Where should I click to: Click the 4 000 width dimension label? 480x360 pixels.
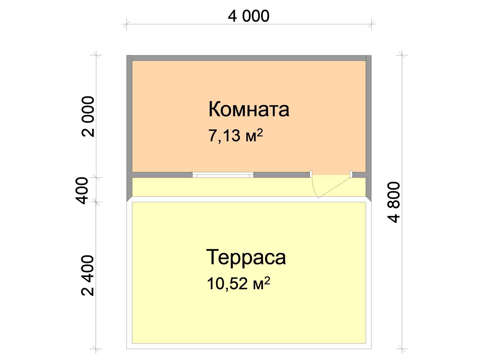pos(248,16)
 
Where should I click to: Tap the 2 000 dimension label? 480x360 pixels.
pos(88,116)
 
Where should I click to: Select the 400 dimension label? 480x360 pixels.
pos(81,191)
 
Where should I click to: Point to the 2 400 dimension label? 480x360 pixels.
pos(88,276)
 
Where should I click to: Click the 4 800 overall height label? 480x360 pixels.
pos(394,202)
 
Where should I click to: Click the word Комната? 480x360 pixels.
pos(249,109)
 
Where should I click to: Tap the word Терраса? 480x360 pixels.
pos(246,257)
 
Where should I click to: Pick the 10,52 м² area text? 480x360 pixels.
pos(238,284)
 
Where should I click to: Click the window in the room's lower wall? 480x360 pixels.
pos(223,175)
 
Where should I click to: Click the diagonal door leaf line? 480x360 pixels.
pos(335,188)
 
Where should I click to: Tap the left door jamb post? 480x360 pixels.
pos(311,174)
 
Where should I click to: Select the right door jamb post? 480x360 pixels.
pos(351,174)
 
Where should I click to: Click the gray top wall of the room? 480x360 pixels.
pos(249,58)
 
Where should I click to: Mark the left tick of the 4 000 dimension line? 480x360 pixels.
pos(126,24)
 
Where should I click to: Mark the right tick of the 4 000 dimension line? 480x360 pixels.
pos(371,24)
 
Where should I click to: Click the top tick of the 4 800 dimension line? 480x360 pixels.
pos(402,55)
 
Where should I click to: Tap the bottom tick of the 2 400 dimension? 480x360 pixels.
pos(96,348)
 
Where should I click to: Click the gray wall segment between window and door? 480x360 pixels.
pos(281,175)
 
